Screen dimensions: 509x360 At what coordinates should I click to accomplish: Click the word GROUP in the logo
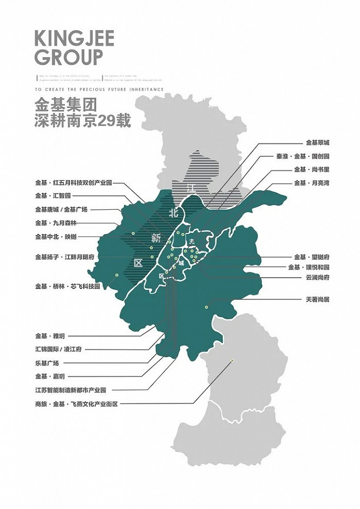[x=69, y=57]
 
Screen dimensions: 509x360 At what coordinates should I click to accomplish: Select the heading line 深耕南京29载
[x=83, y=122]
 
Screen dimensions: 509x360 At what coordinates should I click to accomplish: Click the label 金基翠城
[x=317, y=142]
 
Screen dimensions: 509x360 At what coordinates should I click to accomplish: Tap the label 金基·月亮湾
[x=311, y=183]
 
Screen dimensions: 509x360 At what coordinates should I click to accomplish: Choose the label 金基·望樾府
[x=312, y=257]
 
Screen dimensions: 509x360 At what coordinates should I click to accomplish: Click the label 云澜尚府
[x=317, y=277]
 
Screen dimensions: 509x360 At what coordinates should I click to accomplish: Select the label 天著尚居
[x=317, y=299]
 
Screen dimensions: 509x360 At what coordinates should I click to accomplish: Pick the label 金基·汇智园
[x=53, y=196]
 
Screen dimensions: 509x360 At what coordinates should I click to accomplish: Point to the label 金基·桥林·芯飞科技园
[x=67, y=286]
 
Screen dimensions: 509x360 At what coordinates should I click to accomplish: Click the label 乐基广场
[x=47, y=362]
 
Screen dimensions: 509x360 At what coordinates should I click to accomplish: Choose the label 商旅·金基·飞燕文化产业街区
[x=77, y=404]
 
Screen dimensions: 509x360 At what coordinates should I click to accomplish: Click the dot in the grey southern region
[x=232, y=360]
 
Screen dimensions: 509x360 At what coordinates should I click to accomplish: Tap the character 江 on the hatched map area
[x=191, y=189]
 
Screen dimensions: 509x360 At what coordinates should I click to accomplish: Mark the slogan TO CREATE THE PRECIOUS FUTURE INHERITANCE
[x=99, y=89]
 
